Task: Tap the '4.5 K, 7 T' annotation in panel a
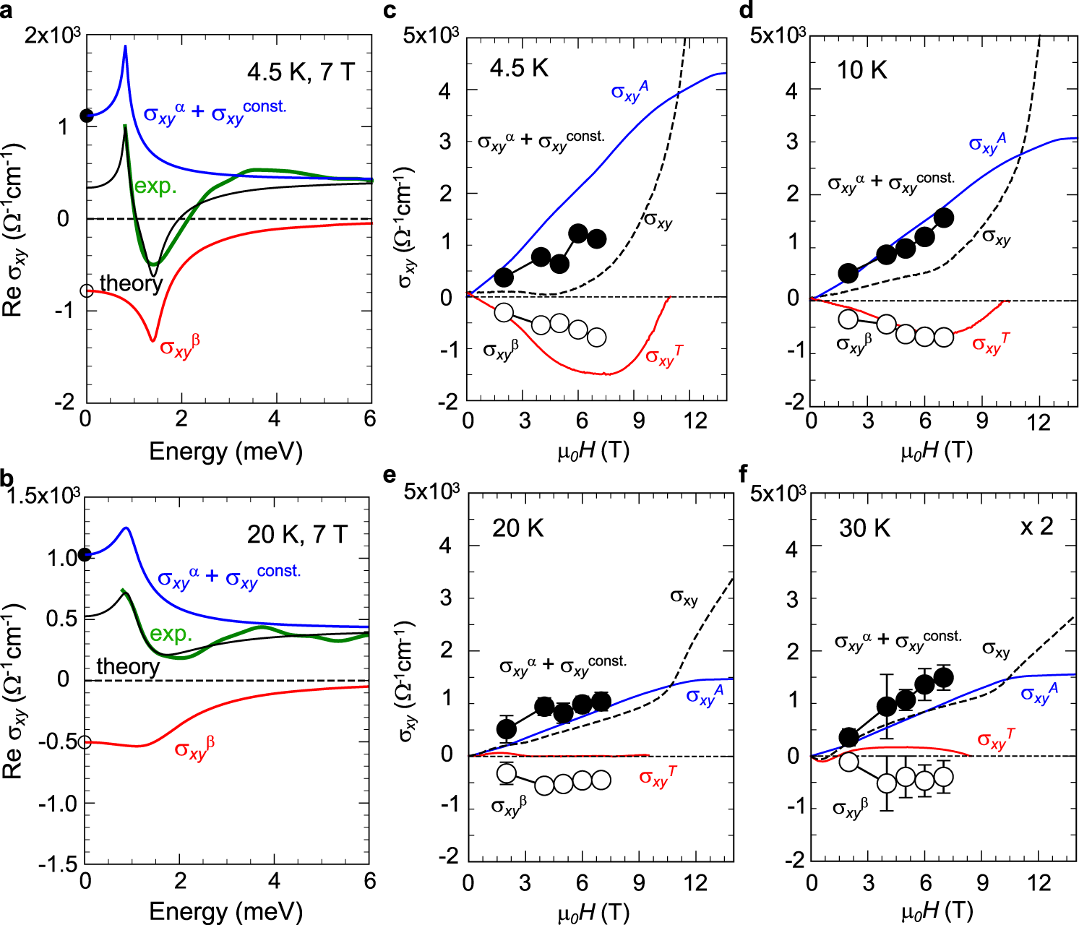point(301,72)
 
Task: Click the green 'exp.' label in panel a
point(155,186)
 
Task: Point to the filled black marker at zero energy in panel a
point(87,116)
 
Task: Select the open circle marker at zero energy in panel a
point(87,291)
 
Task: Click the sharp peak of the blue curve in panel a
point(125,47)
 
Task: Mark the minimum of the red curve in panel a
point(152,340)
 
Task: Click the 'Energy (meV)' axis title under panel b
point(225,911)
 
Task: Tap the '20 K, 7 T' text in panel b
point(297,534)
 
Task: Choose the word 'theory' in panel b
point(128,666)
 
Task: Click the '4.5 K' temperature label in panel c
point(519,69)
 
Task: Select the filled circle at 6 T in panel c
point(578,233)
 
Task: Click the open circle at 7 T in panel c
point(597,337)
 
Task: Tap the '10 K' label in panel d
point(861,70)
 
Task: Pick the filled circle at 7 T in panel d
point(944,218)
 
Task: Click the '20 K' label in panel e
point(517,528)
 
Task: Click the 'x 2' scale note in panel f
point(1036,527)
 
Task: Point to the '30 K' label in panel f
point(864,528)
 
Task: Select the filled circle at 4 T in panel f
point(887,706)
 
